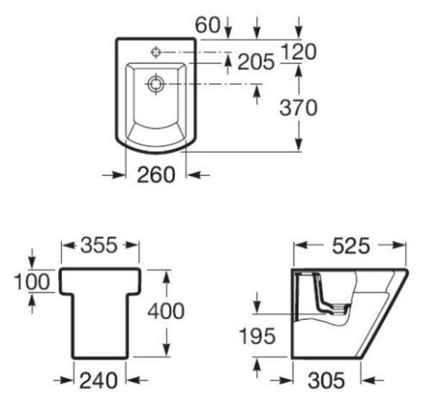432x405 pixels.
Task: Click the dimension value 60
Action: [x=208, y=25]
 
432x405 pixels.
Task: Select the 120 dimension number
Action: [x=299, y=52]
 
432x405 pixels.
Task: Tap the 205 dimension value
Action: [x=256, y=61]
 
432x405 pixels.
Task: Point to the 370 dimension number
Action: [x=299, y=107]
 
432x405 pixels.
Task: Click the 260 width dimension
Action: [x=156, y=175]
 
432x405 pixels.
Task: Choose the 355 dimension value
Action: [x=99, y=245]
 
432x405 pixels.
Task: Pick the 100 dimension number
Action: [x=32, y=282]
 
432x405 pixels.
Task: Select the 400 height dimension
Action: [x=166, y=311]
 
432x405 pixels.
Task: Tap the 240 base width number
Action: [x=98, y=380]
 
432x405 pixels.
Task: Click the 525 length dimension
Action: [x=351, y=246]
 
